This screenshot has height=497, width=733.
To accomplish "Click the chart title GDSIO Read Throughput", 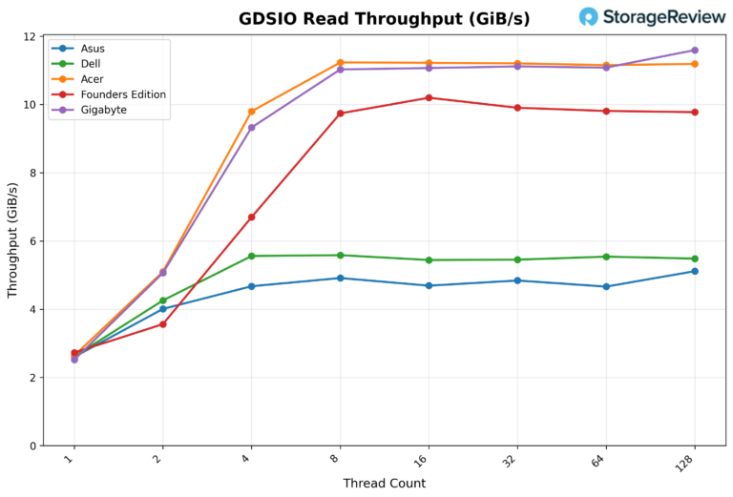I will coord(384,19).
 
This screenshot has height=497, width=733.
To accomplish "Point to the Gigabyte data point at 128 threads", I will coord(695,51).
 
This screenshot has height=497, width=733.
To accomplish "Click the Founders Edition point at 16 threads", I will coord(429,97).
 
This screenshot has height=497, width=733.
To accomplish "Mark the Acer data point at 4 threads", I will coord(252,112).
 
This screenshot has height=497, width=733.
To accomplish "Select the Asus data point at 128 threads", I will coord(695,271).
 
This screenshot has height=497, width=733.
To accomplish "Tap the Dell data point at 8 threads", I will coord(341,255).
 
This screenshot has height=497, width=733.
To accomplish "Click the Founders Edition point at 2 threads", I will coord(163,324).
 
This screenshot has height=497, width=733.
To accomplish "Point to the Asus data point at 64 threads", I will coord(606,286).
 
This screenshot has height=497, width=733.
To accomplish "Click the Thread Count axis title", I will coord(384,484).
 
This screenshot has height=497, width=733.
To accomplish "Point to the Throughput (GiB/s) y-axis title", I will coord(13,240).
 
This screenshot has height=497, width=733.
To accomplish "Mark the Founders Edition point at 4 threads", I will coord(252,217).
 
